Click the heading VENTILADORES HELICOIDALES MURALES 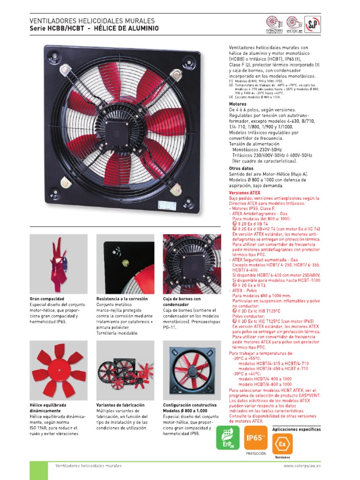[x=92, y=21]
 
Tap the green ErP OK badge [x=227, y=438]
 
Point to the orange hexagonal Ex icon [x=282, y=443]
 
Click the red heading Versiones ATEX [x=244, y=193]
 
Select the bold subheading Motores [x=238, y=104]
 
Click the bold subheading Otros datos [x=241, y=168]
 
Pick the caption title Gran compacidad [x=47, y=299]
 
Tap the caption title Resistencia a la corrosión [x=122, y=299]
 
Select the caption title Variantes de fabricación [x=120, y=405]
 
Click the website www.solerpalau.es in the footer [x=302, y=466]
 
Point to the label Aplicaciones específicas [x=296, y=429]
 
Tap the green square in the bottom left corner [x=38, y=470]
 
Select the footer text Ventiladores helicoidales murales [x=89, y=466]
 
